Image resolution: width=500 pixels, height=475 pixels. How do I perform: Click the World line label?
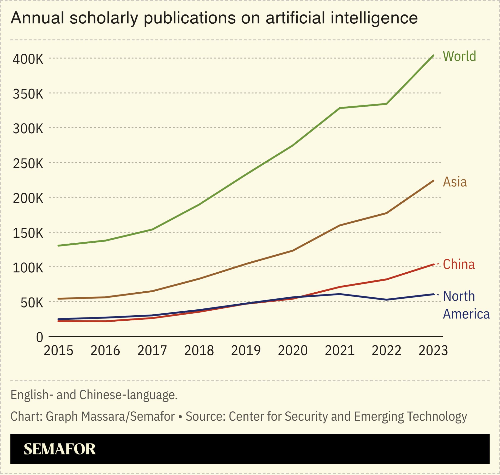click(x=459, y=56)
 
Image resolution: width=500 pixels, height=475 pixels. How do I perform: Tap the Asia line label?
click(x=455, y=182)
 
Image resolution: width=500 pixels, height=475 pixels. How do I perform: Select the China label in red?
click(x=459, y=264)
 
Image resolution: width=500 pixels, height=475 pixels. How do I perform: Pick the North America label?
click(x=466, y=305)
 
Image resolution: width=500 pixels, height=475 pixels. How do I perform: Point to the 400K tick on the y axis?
click(x=28, y=59)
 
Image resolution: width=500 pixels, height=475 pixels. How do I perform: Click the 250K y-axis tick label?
click(x=28, y=164)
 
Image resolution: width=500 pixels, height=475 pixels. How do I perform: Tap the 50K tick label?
click(x=32, y=303)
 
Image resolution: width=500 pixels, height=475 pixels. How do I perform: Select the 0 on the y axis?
click(x=40, y=337)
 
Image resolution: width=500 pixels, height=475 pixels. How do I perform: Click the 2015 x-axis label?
click(x=58, y=351)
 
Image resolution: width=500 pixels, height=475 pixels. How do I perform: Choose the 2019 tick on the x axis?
click(x=246, y=351)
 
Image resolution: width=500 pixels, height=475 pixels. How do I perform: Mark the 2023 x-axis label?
click(x=433, y=351)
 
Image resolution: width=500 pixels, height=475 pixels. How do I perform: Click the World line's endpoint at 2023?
click(x=433, y=55)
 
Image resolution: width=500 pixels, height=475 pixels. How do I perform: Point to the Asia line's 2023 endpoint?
click(x=433, y=181)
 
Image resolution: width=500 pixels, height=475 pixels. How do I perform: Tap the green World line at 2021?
click(x=340, y=108)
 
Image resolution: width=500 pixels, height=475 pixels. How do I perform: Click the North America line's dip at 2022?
click(x=386, y=300)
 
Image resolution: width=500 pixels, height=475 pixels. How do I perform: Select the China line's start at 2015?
click(x=59, y=321)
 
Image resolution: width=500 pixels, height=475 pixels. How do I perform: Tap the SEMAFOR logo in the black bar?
click(x=60, y=449)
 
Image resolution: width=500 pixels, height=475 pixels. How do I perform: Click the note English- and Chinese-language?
click(x=94, y=395)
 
